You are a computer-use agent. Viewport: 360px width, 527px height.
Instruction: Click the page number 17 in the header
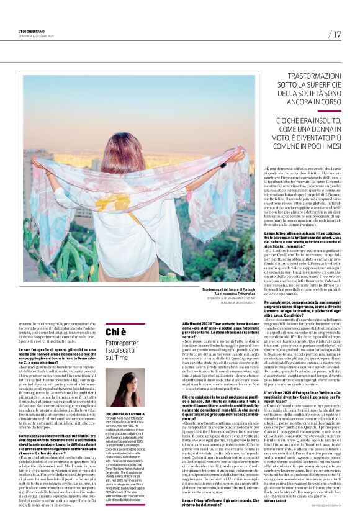(336, 34)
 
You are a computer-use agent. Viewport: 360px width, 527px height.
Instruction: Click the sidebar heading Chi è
(115, 332)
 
